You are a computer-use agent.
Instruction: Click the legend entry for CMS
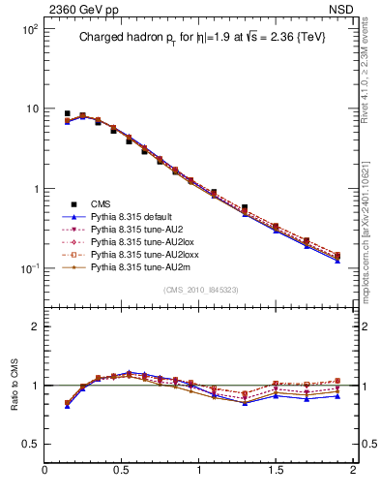(x=102, y=203)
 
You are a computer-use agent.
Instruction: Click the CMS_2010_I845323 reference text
(x=199, y=291)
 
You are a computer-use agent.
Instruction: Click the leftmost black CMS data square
(x=67, y=113)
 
